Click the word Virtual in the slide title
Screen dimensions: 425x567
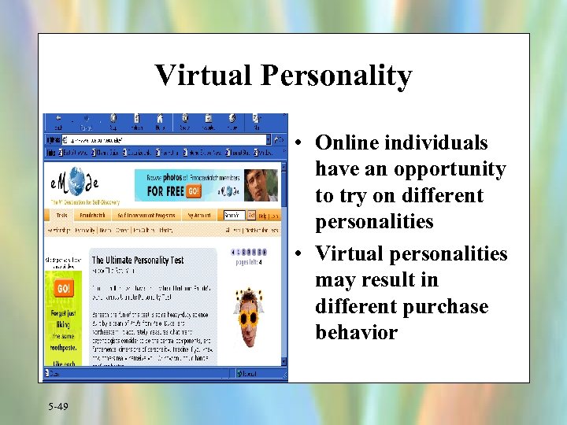(x=202, y=76)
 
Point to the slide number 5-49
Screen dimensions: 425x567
(x=57, y=406)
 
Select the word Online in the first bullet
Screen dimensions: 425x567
(x=351, y=142)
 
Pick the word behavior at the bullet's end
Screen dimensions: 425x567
(x=356, y=332)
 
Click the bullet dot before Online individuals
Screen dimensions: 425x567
(x=302, y=144)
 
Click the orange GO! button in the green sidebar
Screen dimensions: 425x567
(x=64, y=289)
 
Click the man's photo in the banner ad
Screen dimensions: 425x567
(x=262, y=183)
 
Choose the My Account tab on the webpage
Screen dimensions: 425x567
(x=199, y=215)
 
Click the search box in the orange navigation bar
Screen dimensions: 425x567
(x=232, y=215)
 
